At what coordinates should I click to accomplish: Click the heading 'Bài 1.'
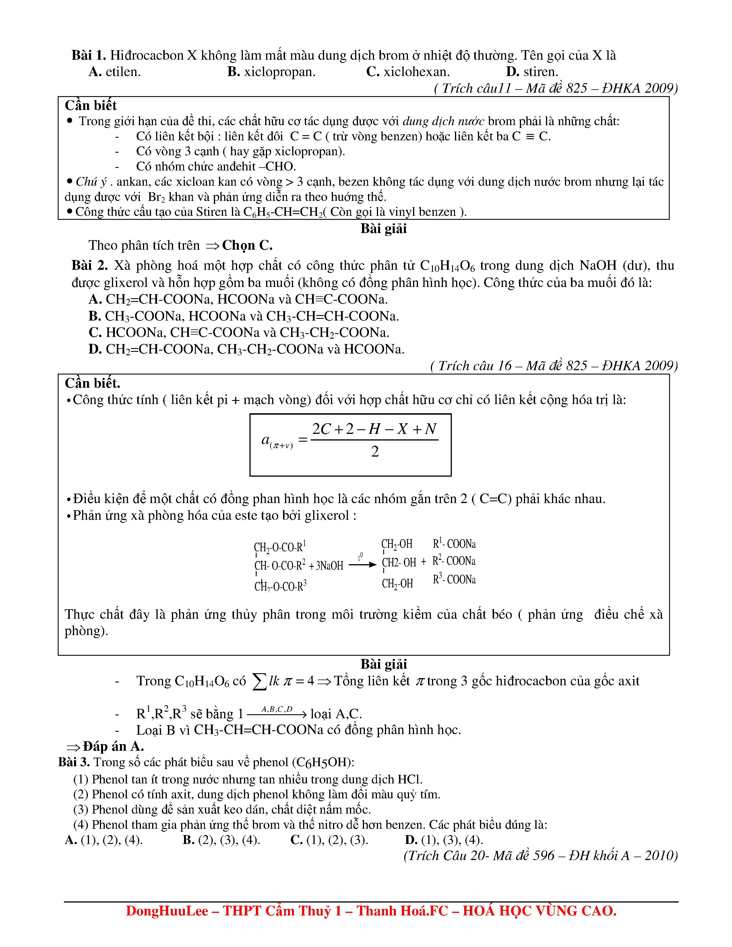tap(88, 55)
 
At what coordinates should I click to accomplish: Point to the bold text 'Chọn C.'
tap(247, 245)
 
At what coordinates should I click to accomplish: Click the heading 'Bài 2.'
tap(89, 265)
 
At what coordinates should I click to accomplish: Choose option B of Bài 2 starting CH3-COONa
tap(243, 316)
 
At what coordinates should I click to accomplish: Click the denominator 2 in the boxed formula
tap(375, 452)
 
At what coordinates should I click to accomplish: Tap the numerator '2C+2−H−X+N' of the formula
tap(374, 429)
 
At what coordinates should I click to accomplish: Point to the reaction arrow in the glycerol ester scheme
tap(362, 564)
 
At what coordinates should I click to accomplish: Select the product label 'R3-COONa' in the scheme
tap(454, 580)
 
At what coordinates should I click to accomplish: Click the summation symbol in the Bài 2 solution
tap(259, 681)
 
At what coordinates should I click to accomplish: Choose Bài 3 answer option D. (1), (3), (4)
tap(444, 840)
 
